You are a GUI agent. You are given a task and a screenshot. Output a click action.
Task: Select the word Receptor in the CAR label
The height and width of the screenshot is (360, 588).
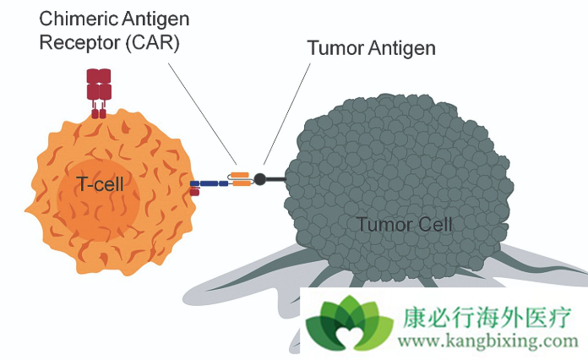77,42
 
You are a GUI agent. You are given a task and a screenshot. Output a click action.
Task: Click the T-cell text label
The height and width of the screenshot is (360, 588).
101,184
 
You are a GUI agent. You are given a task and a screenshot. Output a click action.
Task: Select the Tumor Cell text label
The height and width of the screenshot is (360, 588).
404,225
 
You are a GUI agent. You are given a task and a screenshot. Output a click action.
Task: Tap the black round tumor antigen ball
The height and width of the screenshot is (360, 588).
260,179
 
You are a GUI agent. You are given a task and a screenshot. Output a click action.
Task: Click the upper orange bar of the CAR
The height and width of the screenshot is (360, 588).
240,174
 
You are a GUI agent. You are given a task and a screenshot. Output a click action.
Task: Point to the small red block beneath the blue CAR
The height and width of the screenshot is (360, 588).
194,192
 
